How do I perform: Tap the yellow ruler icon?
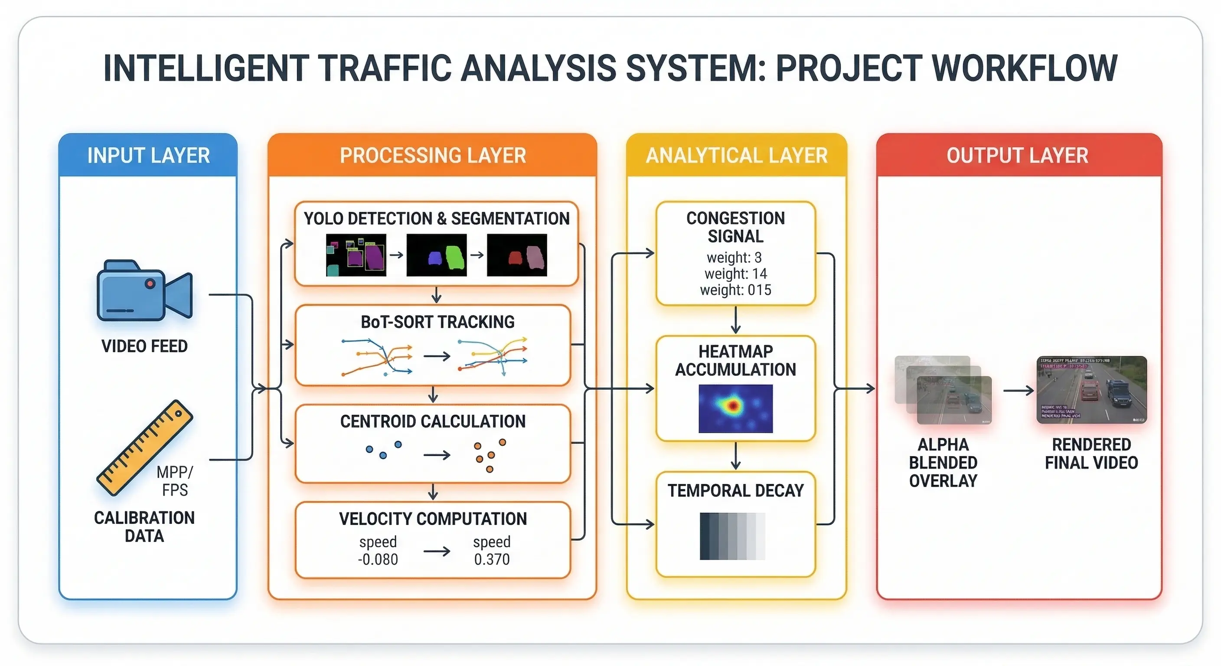(144, 448)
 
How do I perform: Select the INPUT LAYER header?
(148, 156)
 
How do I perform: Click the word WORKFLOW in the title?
(1024, 68)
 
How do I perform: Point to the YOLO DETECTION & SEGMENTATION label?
(437, 219)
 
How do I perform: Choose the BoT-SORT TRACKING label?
(437, 322)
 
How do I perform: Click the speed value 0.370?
(492, 559)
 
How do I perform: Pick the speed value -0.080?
(378, 559)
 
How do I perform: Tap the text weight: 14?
(736, 274)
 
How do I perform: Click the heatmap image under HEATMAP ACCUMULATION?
(735, 408)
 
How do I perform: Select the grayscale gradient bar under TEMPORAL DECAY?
(732, 535)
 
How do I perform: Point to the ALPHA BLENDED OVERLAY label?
(943, 463)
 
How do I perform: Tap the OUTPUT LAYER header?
(1017, 156)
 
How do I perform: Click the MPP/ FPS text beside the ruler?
(175, 481)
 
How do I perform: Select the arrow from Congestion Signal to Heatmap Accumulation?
(736, 320)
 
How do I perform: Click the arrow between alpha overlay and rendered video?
(1018, 391)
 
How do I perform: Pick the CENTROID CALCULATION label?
(433, 421)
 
